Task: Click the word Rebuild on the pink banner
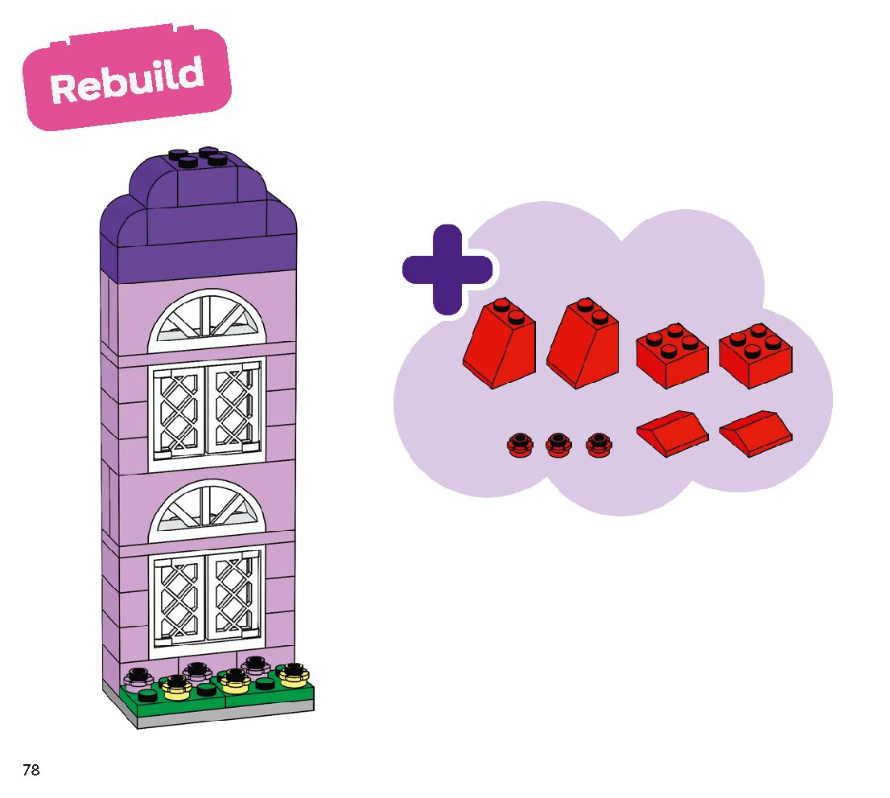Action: (x=127, y=79)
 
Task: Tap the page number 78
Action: (x=31, y=770)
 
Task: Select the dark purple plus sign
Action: (x=447, y=269)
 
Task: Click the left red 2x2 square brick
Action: (x=672, y=356)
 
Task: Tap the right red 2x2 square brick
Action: (x=756, y=356)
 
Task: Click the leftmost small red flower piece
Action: (x=520, y=444)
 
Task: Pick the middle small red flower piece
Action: (x=558, y=444)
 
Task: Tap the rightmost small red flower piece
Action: (x=599, y=444)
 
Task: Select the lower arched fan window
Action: (x=207, y=512)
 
